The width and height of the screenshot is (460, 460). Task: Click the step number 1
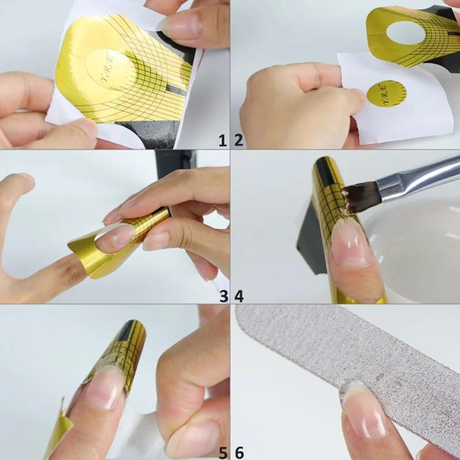pos(223,139)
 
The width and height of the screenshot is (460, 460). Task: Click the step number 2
pos(239,139)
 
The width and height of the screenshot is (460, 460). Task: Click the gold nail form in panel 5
pos(118,351)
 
